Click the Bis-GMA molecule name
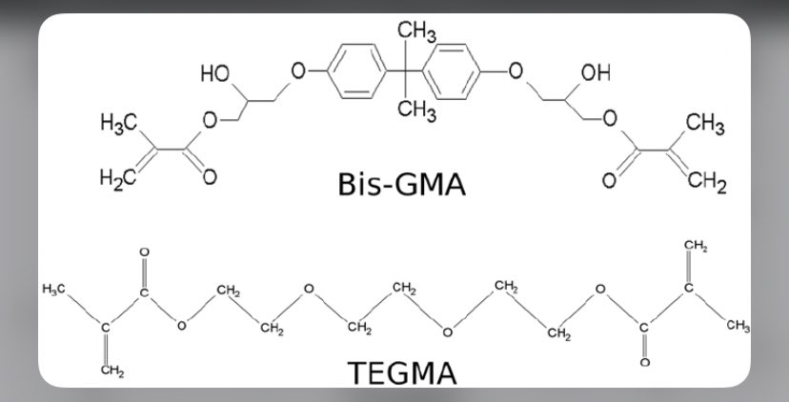click(401, 184)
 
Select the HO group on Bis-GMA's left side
click(214, 74)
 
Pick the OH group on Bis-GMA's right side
click(595, 73)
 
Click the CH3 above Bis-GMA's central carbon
click(416, 33)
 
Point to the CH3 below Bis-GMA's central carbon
click(416, 111)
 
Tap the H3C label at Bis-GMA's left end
click(119, 122)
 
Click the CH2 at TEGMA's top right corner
click(696, 248)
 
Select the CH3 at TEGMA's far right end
click(738, 327)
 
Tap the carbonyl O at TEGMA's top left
click(144, 252)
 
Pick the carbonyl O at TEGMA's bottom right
click(643, 363)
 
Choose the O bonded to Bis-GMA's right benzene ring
click(516, 71)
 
